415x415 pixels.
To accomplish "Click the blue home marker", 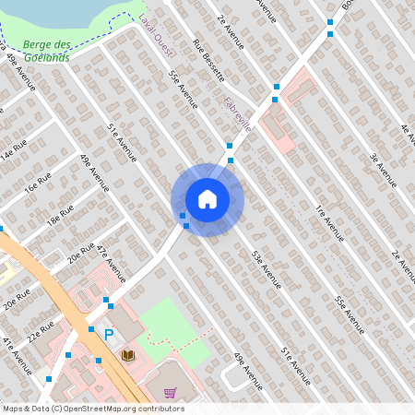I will tap(207, 199).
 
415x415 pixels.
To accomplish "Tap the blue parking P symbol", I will tap(109, 334).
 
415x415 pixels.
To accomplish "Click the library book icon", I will tap(128, 354).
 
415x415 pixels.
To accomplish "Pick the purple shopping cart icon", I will tap(170, 393).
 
